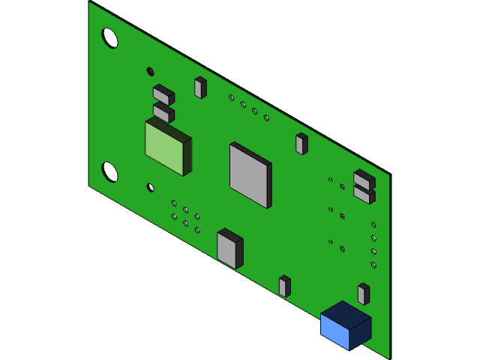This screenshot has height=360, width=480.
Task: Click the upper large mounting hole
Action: (109, 37)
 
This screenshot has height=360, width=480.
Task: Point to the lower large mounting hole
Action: (109, 172)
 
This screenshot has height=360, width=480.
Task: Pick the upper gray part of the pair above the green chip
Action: (162, 95)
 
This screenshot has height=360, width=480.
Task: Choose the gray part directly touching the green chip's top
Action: (162, 113)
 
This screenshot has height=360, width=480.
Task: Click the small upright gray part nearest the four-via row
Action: (199, 88)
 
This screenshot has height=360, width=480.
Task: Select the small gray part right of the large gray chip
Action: (301, 144)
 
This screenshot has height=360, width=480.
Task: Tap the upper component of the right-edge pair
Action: (363, 180)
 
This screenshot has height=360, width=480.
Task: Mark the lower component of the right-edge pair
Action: (363, 194)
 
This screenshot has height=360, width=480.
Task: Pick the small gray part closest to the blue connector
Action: (363, 294)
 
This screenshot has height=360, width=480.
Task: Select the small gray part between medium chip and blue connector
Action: (284, 286)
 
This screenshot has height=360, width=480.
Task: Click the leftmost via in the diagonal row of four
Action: (232, 97)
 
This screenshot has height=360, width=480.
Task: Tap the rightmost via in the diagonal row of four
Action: (266, 118)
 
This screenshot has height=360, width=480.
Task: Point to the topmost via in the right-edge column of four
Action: (373, 225)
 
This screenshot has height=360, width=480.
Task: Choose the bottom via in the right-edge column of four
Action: (373, 265)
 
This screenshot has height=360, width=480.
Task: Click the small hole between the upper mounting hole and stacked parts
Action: (150, 71)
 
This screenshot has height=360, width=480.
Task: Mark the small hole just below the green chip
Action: (150, 187)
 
